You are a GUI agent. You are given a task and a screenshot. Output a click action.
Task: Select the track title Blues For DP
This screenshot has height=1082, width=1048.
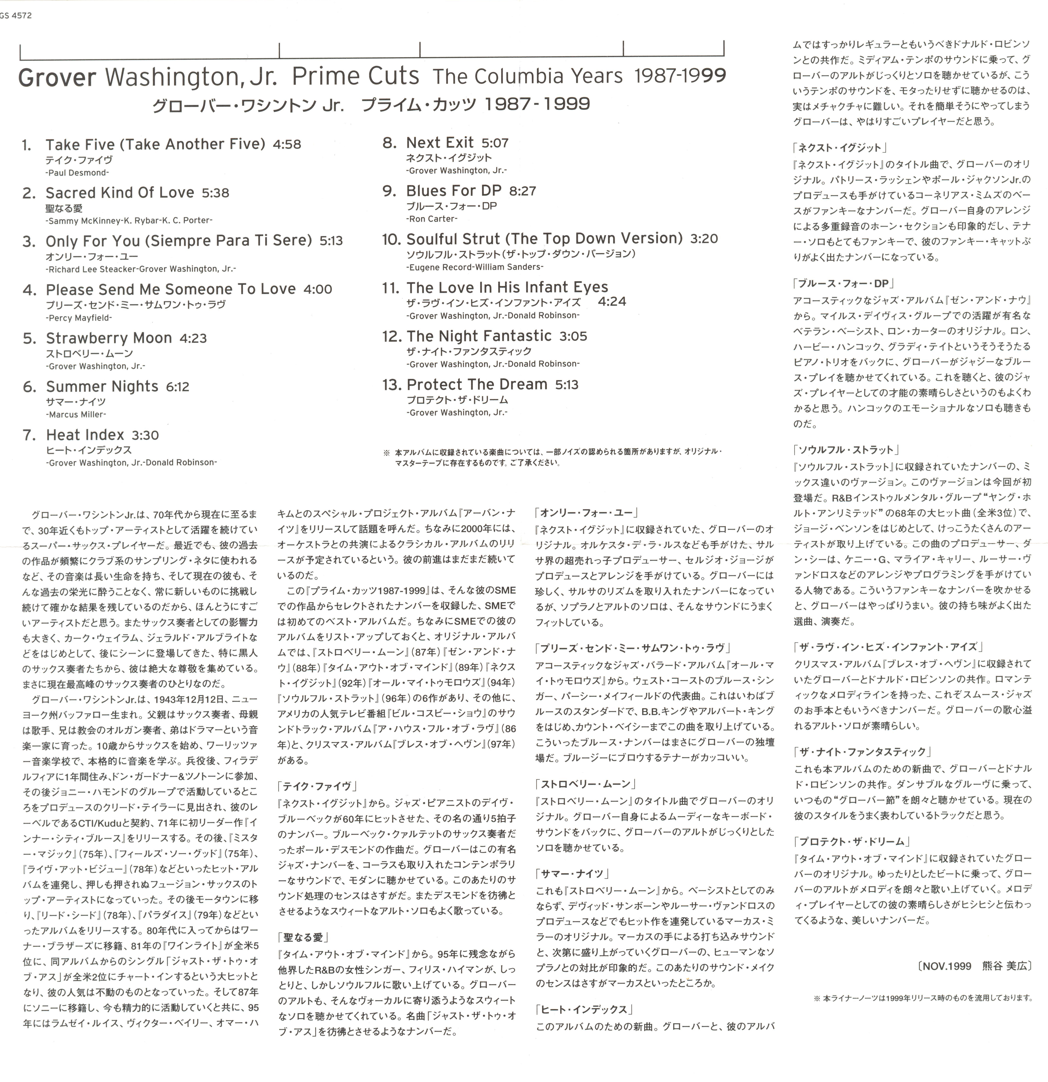click(x=453, y=191)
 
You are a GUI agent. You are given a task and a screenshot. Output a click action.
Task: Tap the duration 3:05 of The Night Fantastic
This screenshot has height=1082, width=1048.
click(x=573, y=336)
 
